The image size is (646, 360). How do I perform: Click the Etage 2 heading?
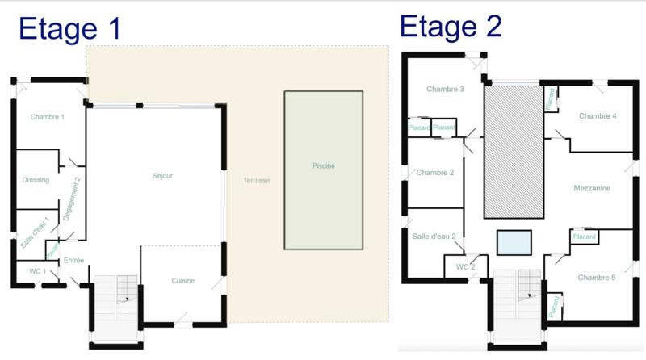tap(451, 26)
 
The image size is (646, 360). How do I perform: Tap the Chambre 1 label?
tap(48, 118)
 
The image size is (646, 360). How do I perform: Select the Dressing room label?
tap(36, 180)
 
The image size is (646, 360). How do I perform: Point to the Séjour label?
tap(162, 175)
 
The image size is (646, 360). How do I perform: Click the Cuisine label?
tap(183, 281)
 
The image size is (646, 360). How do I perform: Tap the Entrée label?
tap(74, 261)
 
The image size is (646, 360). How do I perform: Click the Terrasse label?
tap(256, 180)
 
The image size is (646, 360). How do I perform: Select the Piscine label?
tap(323, 166)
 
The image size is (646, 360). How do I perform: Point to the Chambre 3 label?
tap(445, 89)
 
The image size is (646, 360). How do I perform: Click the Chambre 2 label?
tap(435, 172)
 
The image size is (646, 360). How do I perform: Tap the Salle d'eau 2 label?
tap(434, 237)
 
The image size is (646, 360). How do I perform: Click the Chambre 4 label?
tap(598, 116)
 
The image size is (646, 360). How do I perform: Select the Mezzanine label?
tap(591, 188)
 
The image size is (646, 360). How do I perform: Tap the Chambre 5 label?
tap(597, 278)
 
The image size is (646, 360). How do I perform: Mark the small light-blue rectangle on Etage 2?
tap(514, 242)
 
